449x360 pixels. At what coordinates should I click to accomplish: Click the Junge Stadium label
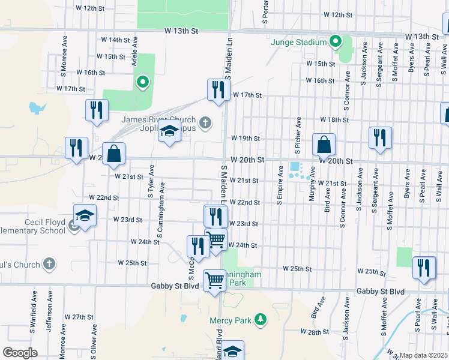[299, 43]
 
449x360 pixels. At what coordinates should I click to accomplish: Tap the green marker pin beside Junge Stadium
[336, 42]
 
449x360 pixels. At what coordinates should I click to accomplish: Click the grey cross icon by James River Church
[205, 124]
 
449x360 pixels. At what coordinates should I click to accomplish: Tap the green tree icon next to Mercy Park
[260, 320]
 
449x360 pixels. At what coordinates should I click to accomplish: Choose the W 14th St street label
[115, 40]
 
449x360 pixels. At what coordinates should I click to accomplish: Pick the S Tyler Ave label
[151, 181]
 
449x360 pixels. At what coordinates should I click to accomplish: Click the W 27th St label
[76, 316]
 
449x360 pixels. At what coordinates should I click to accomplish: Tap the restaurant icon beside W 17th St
[217, 90]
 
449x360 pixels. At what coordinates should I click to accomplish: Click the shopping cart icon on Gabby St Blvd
[214, 281]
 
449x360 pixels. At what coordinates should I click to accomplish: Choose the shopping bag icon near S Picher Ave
[324, 145]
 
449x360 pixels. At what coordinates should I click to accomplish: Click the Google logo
[20, 352]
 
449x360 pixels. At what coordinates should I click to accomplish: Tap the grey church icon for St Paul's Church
[49, 265]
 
